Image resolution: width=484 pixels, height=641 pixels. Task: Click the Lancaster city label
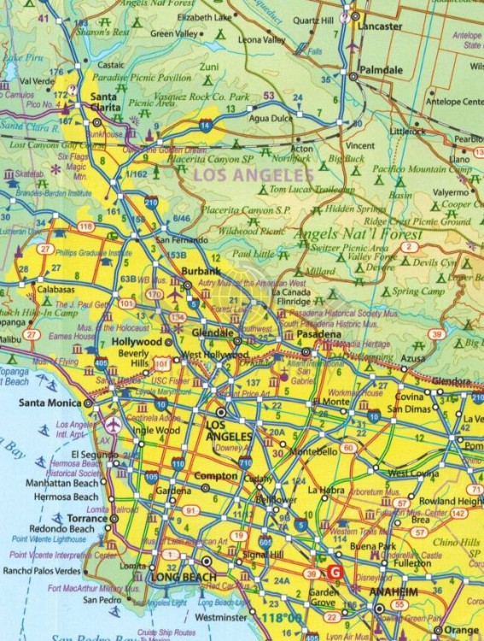(379, 26)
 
